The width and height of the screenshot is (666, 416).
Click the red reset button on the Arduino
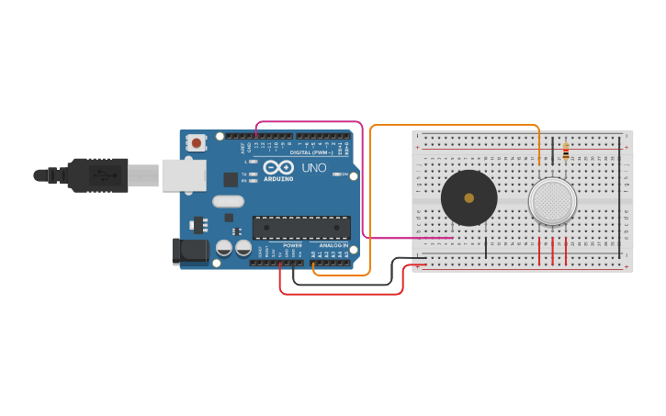[x=196, y=142]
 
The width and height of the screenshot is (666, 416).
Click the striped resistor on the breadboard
[x=565, y=151]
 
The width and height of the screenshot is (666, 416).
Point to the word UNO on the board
[x=314, y=168]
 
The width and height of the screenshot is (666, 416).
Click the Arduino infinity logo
[x=278, y=167]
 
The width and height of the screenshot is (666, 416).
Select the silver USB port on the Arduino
[x=183, y=174]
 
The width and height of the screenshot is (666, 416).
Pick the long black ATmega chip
[x=301, y=227]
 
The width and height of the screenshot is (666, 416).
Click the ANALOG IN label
[x=333, y=246]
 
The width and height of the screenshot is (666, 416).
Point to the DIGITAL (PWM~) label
[x=312, y=152]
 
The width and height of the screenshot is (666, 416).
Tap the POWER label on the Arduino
[x=292, y=246]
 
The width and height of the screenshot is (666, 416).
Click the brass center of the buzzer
[x=469, y=197]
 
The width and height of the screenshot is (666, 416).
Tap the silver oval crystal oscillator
[x=228, y=201]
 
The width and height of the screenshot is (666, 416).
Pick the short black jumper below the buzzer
[x=486, y=246]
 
